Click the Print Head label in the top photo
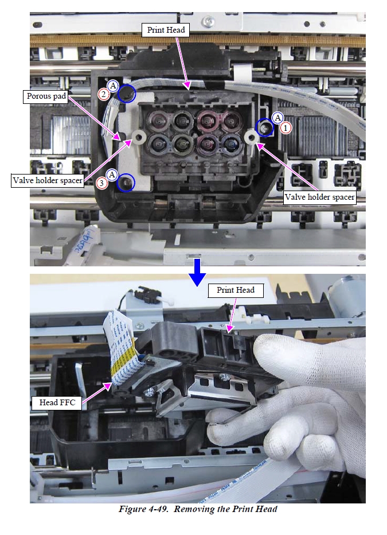click(x=166, y=30)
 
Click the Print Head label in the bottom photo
click(x=236, y=290)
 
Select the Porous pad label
click(x=46, y=96)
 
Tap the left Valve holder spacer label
click(x=48, y=180)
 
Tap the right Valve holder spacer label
click(x=319, y=197)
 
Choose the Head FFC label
click(x=57, y=402)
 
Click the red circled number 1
click(x=286, y=128)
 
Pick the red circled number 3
click(x=101, y=183)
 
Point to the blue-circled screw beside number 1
click(x=265, y=127)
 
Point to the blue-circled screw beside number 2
click(x=127, y=93)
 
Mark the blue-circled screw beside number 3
click(x=126, y=183)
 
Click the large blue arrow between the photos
click(x=197, y=272)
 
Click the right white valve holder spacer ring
click(x=252, y=137)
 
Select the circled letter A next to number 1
click(x=278, y=118)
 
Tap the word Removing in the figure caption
click(x=194, y=509)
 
